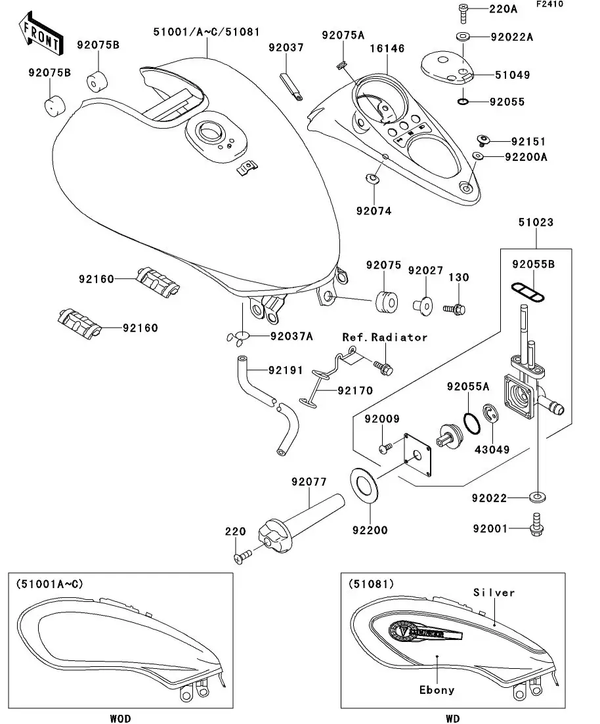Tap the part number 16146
click(387, 49)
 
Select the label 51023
click(535, 223)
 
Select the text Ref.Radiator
click(385, 337)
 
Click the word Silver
click(494, 593)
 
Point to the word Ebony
click(437, 690)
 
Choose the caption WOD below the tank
click(121, 719)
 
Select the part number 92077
click(309, 482)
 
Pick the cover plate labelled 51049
click(447, 68)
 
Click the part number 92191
click(285, 370)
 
